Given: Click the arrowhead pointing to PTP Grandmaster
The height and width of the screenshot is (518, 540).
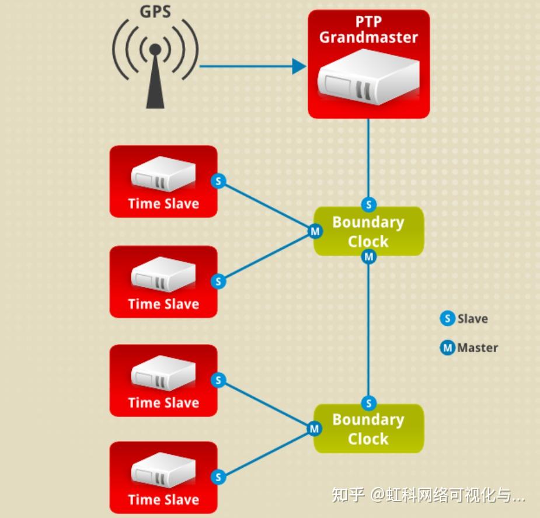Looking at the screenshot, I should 298,66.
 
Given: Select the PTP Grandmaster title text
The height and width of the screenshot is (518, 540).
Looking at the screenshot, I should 368,30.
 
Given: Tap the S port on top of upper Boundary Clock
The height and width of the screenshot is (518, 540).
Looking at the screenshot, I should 368,204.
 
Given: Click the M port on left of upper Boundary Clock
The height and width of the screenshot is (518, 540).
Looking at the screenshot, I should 315,232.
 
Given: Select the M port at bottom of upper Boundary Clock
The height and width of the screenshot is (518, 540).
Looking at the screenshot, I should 368,256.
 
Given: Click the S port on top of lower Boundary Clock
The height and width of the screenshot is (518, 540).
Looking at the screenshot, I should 368,403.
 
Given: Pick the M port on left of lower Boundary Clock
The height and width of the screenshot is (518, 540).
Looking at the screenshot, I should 315,429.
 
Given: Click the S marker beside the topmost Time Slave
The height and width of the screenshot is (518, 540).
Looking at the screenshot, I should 218,181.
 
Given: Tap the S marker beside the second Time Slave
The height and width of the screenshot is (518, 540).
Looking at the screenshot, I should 218,281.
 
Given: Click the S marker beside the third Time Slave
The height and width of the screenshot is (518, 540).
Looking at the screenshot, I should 218,381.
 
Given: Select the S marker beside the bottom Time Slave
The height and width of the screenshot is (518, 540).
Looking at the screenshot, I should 218,477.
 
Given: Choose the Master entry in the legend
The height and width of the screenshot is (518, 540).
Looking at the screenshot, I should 469,348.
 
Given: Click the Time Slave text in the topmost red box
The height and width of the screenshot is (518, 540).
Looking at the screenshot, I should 163,204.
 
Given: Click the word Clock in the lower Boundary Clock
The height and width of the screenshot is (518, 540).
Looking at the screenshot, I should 368,439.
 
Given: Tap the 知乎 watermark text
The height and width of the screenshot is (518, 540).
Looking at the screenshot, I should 349,495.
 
